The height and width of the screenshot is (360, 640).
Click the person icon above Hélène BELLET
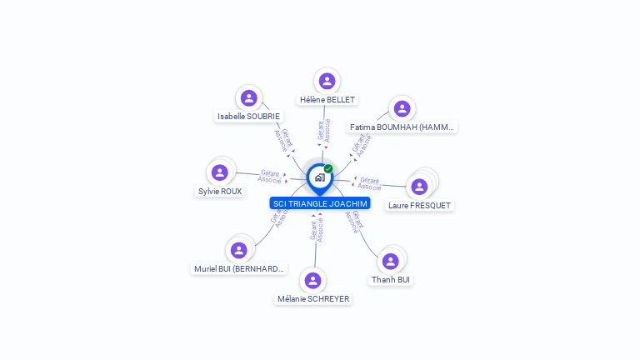327,81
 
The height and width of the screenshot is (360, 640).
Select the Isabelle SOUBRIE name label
248,117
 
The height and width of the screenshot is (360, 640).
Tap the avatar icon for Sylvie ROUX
220,172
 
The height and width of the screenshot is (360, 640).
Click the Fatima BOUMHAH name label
403,127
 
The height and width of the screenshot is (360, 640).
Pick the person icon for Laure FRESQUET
419,186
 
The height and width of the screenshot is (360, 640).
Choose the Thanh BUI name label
390,280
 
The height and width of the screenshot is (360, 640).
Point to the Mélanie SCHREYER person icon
312,280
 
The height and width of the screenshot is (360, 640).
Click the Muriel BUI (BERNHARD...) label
239,269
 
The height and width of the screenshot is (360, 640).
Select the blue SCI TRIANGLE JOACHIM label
320,203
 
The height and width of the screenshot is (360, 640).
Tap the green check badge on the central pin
328,169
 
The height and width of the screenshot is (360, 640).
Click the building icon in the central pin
319,177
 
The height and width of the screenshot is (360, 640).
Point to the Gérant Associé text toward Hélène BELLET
324,134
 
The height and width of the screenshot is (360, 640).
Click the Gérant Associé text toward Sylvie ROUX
269,177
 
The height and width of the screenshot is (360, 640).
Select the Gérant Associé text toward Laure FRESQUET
369,183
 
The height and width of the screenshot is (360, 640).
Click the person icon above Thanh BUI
390,261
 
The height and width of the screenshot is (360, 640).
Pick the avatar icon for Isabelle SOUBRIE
247,97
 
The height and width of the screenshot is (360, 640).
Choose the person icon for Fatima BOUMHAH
402,108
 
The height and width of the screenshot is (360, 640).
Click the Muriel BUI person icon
239,250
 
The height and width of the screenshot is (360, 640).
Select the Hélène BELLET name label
327,100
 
